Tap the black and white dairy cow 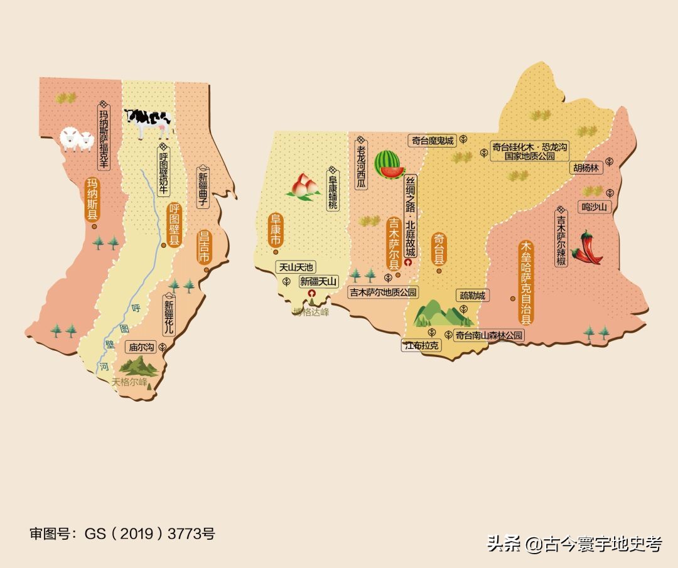[x=148, y=122]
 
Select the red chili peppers [x=588, y=248]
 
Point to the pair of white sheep [x=77, y=140]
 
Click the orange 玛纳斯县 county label [x=93, y=200]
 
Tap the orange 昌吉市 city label [x=203, y=248]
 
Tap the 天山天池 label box [x=296, y=267]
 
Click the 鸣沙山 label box [x=595, y=207]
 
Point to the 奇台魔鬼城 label [x=431, y=141]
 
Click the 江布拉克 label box [x=421, y=345]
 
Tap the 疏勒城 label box [x=472, y=296]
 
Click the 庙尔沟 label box [x=141, y=346]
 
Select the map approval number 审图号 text [x=122, y=534]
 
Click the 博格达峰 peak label [x=311, y=312]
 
